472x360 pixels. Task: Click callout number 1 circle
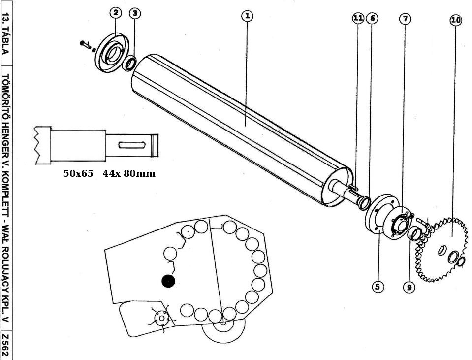tap(247, 16)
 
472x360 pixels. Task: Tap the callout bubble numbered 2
tap(115, 13)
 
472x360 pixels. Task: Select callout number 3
tap(135, 13)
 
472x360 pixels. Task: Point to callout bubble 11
tap(358, 18)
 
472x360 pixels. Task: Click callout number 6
tap(372, 18)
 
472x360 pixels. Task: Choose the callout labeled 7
tap(405, 19)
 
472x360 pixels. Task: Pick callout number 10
tap(456, 20)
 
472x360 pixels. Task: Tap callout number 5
tap(378, 287)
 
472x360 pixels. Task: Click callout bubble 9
tap(409, 287)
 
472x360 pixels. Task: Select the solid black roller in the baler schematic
tap(168, 281)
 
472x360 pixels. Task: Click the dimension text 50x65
tap(78, 173)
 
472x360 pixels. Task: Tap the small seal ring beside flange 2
tap(130, 63)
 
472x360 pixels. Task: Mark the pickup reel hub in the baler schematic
tap(161, 318)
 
